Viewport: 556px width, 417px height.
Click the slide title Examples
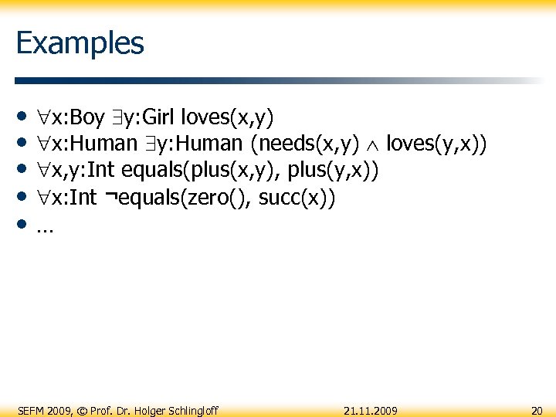(80, 42)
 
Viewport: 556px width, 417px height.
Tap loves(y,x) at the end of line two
(436, 144)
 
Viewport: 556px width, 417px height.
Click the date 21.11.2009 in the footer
(371, 410)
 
